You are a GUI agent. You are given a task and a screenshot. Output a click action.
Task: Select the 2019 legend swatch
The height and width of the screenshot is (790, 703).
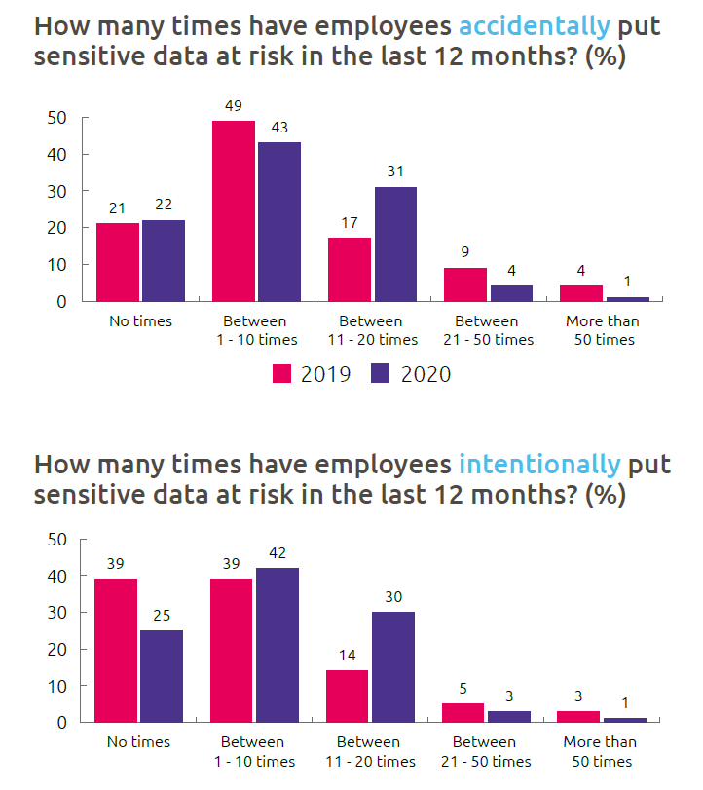[x=282, y=374]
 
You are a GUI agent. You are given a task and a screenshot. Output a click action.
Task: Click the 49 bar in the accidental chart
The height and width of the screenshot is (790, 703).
[x=234, y=210]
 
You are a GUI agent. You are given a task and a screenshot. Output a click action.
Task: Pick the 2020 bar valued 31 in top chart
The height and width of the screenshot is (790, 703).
[x=394, y=244]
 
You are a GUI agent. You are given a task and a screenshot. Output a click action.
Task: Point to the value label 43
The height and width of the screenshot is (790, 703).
[x=278, y=130]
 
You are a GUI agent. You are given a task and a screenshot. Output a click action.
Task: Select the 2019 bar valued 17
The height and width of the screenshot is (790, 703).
[x=350, y=269]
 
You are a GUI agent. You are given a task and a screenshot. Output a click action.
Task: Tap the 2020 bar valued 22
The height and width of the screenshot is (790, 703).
[x=164, y=261]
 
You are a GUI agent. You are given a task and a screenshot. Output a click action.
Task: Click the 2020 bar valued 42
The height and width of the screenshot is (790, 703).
[x=277, y=645]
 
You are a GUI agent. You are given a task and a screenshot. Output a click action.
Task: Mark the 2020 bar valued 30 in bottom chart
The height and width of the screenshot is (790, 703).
[x=392, y=666]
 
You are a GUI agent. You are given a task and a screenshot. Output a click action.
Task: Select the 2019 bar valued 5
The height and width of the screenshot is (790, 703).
[x=463, y=713]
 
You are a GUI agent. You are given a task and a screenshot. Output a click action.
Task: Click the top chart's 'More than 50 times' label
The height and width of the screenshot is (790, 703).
[x=604, y=330]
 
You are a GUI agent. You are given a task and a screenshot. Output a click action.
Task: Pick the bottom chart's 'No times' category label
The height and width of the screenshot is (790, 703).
[x=138, y=742]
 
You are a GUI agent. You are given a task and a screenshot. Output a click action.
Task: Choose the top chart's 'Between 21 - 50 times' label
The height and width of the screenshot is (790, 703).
[x=487, y=330]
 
